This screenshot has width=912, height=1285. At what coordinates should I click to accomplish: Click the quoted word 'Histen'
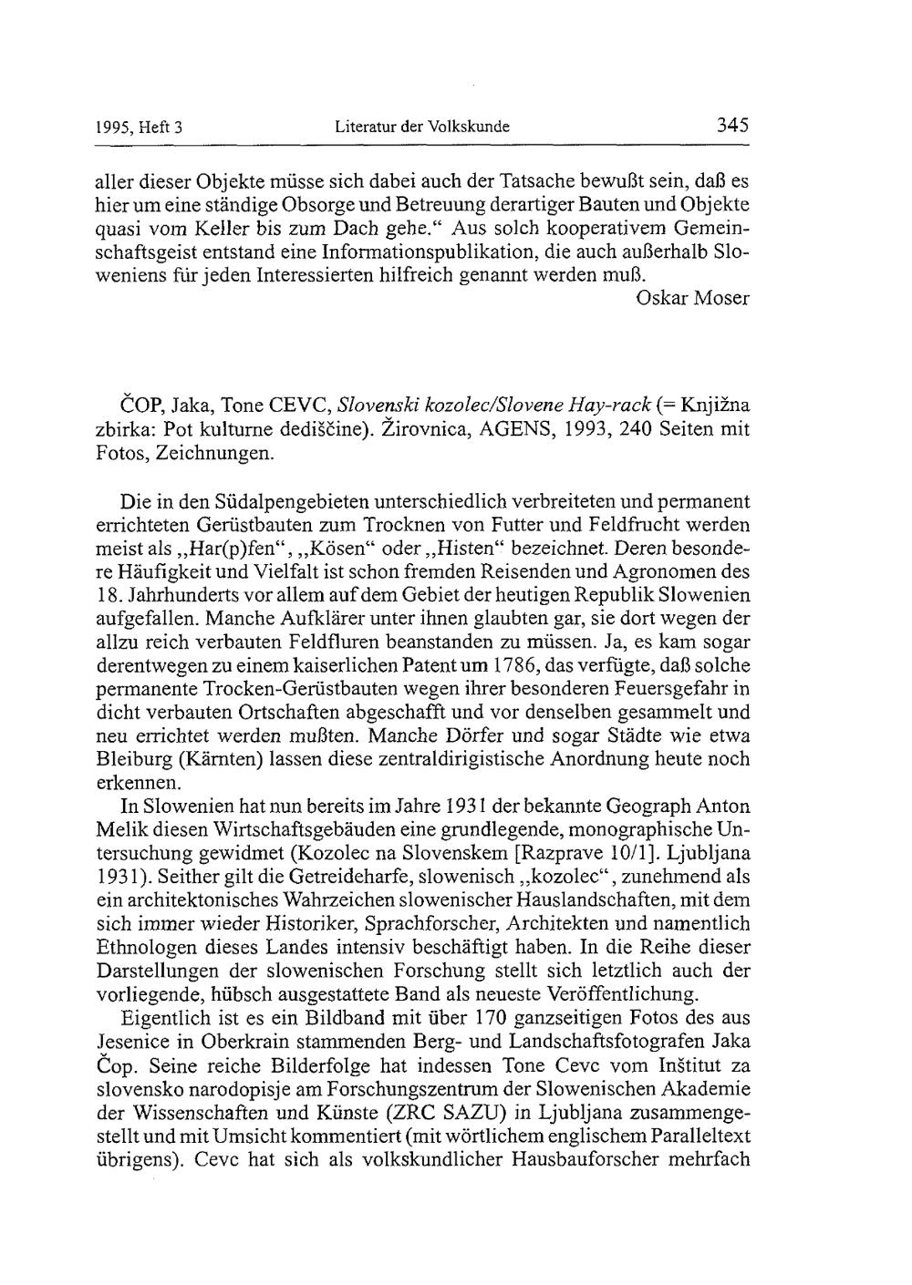[x=468, y=549]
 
